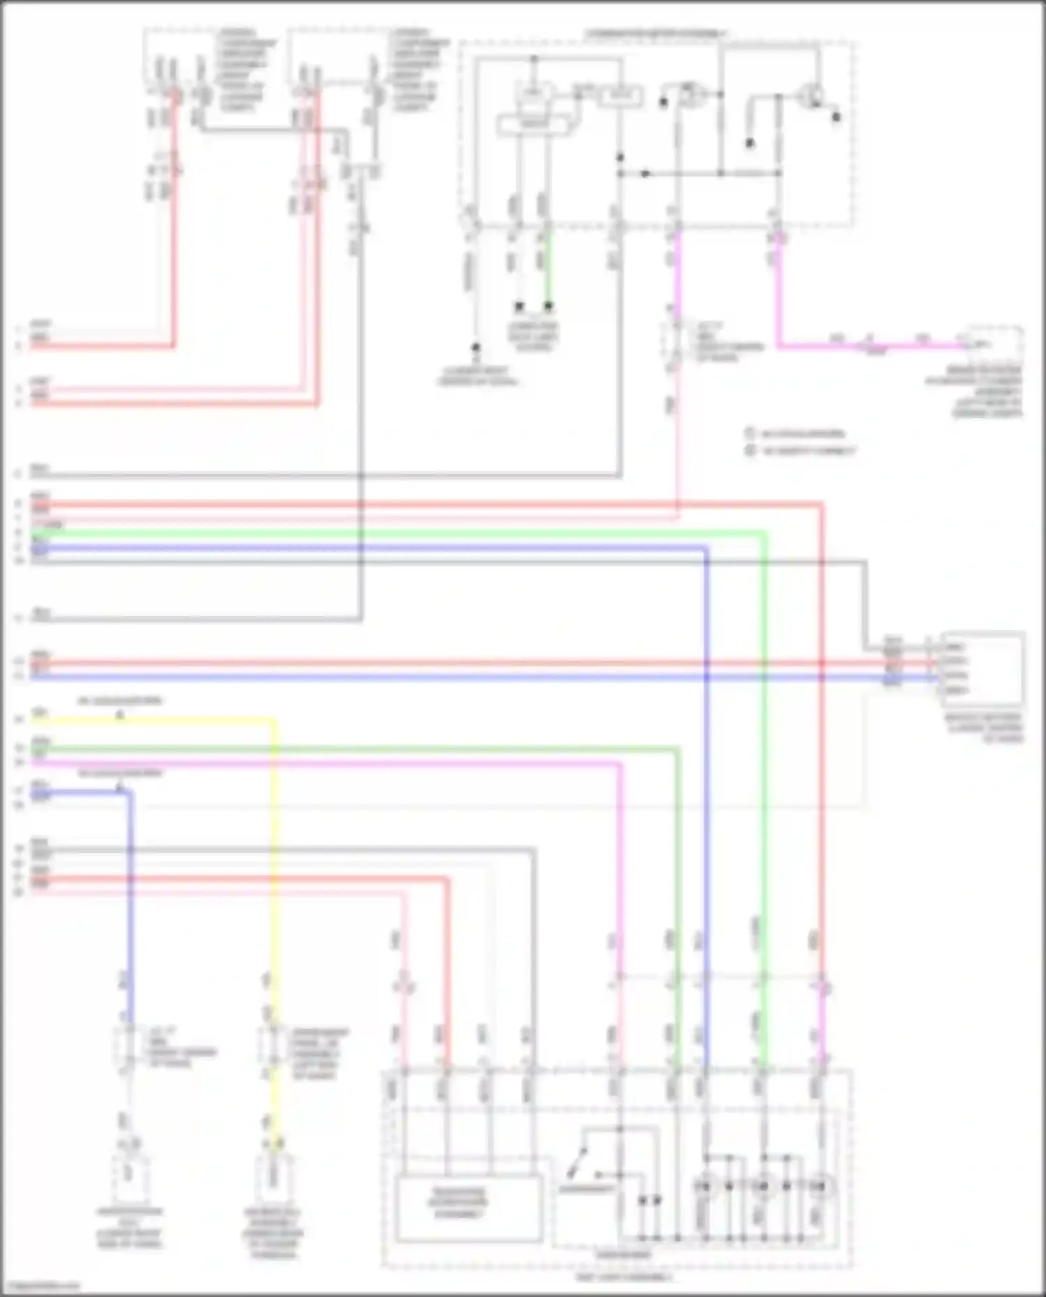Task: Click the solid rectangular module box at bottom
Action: pyautogui.click(x=469, y=1208)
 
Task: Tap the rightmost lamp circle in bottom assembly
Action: pyautogui.click(x=821, y=1185)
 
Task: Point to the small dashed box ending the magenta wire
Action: pyautogui.click(x=994, y=344)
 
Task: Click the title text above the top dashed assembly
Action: pyautogui.click(x=655, y=33)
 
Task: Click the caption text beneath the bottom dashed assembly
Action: pyautogui.click(x=624, y=1277)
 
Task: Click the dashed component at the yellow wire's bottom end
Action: pyautogui.click(x=273, y=1177)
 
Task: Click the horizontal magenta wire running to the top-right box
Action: pyautogui.click(x=872, y=345)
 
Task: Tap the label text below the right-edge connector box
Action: pyautogui.click(x=983, y=728)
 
